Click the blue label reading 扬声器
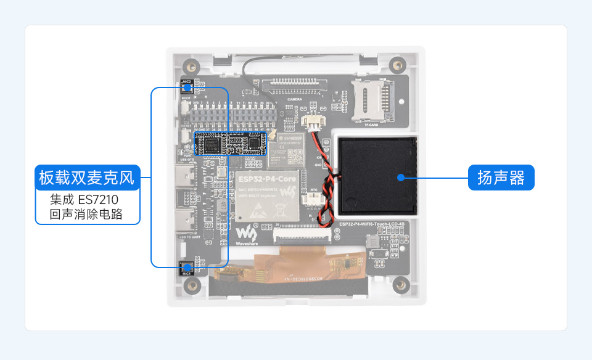pos(501,178)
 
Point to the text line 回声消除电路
pos(86,215)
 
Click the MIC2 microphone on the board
pos(187,87)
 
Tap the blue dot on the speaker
pos(401,178)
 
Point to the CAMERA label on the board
pos(295,99)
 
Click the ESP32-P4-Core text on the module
pos(266,179)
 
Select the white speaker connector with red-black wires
pos(313,123)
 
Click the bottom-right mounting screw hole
pos(401,284)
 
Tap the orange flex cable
pos(296,262)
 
